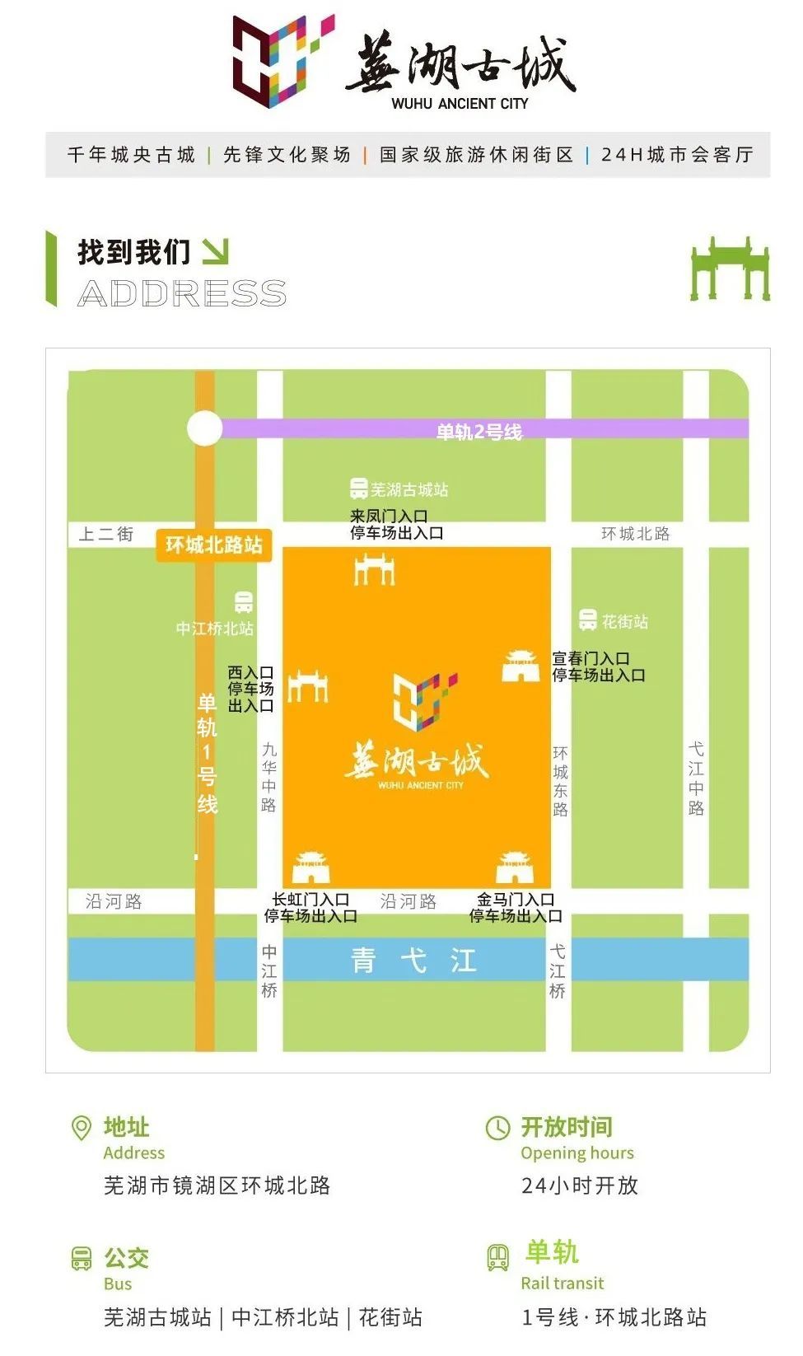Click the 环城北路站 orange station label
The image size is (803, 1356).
coord(214,545)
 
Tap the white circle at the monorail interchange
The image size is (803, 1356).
coord(204,428)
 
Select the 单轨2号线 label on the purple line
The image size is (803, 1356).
coord(479,432)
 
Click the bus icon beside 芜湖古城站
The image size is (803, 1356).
coord(358,489)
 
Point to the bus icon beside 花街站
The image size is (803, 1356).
coord(587,620)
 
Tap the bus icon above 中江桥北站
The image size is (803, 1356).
coord(243,602)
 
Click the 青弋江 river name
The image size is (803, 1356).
coord(413,961)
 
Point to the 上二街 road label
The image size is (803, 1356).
coord(105,534)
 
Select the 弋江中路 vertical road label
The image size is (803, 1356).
coord(696,779)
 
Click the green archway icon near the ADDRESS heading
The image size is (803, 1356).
coord(730,269)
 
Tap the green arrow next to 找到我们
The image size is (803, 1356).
coord(215,252)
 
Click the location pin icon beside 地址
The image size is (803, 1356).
coord(82,1128)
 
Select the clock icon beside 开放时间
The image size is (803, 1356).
coord(497,1128)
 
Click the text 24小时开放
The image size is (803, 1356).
coord(580,1185)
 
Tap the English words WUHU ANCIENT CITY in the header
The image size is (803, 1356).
coord(460,104)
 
